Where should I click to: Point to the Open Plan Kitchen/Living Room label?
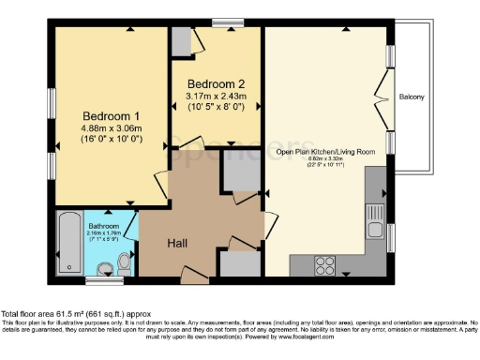(324, 151)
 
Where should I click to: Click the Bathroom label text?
(104, 227)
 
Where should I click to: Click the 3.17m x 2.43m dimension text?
(216, 96)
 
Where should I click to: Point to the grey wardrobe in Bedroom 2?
(180, 41)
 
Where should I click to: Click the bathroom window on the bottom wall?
(97, 279)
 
